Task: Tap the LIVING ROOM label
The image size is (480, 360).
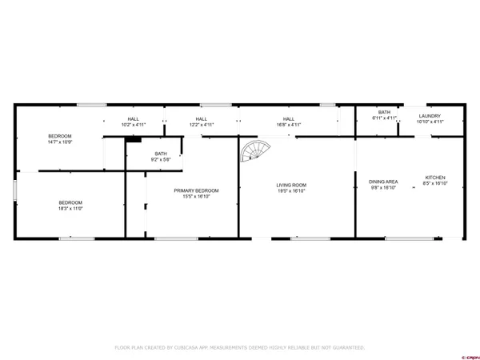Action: pyautogui.click(x=292, y=185)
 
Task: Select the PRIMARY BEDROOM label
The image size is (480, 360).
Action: pyautogui.click(x=196, y=190)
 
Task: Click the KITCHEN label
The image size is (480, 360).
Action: pyautogui.click(x=435, y=177)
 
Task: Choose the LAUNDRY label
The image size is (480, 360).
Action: pyautogui.click(x=430, y=116)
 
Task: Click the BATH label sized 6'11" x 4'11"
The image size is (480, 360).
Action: pyautogui.click(x=384, y=112)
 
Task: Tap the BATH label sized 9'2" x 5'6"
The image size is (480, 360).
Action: pyautogui.click(x=161, y=154)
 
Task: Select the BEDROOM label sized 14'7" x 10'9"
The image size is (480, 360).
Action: pyautogui.click(x=60, y=136)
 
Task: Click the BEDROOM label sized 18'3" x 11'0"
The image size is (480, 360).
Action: pyautogui.click(x=70, y=202)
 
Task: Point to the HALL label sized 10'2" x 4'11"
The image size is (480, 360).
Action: pyautogui.click(x=134, y=119)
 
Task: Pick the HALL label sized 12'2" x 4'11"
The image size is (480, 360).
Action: pyautogui.click(x=202, y=119)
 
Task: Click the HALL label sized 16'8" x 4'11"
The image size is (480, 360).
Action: pyautogui.click(x=288, y=119)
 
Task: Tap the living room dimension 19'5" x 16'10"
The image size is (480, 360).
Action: pyautogui.click(x=292, y=191)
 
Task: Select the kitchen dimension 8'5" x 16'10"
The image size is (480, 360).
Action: pyautogui.click(x=435, y=184)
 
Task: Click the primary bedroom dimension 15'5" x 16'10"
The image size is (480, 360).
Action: pyautogui.click(x=196, y=196)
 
